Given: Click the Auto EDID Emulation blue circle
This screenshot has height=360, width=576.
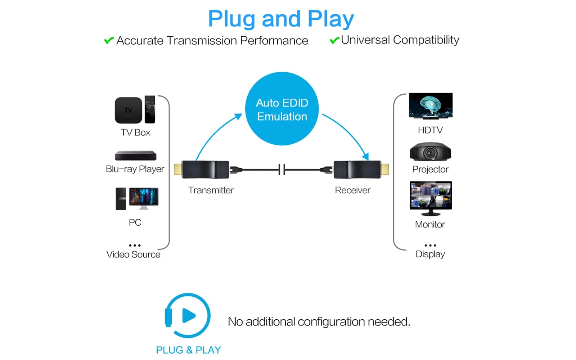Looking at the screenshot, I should pyautogui.click(x=282, y=109).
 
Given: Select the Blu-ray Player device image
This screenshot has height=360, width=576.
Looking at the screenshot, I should pyautogui.click(x=135, y=156).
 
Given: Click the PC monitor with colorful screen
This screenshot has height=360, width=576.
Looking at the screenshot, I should pyautogui.click(x=144, y=198).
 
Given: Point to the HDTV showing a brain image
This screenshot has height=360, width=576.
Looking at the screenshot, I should pyautogui.click(x=431, y=105).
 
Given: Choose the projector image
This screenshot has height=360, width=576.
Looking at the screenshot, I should pyautogui.click(x=430, y=152).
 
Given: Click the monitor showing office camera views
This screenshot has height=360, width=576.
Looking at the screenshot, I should pyautogui.click(x=431, y=196).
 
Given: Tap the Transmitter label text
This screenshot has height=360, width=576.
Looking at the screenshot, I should pyautogui.click(x=211, y=190).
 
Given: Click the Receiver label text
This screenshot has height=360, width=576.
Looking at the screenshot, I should pyautogui.click(x=352, y=190).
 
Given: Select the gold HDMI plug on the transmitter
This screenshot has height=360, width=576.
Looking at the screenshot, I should pyautogui.click(x=177, y=169).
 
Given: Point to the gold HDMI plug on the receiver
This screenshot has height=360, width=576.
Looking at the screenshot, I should pyautogui.click(x=385, y=169).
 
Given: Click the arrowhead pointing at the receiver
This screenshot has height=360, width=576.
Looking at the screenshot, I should pyautogui.click(x=365, y=156).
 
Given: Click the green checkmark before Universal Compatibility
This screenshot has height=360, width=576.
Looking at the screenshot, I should pyautogui.click(x=334, y=40).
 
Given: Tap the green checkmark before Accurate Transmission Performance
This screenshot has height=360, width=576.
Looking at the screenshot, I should pyautogui.click(x=109, y=40).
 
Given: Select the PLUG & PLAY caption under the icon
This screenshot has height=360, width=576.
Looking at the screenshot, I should pyautogui.click(x=188, y=350).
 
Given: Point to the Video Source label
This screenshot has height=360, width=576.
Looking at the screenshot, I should pyautogui.click(x=133, y=255).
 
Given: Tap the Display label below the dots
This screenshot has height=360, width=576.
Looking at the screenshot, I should pyautogui.click(x=430, y=254).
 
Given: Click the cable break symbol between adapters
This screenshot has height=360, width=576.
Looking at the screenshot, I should pyautogui.click(x=282, y=170).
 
